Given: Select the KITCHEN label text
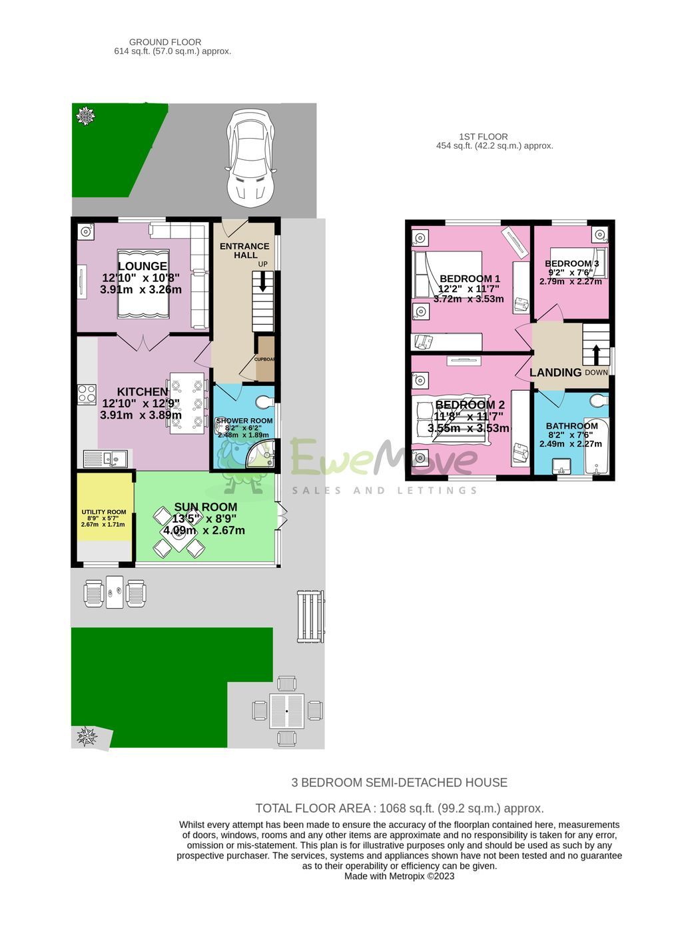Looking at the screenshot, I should click(x=143, y=392).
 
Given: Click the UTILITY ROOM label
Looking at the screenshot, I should click(x=103, y=512).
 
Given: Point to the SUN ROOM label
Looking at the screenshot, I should click(x=205, y=507).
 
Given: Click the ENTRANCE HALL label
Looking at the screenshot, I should click(x=244, y=251).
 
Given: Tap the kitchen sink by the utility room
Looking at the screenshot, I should click(x=105, y=459).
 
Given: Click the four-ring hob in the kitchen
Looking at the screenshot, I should click(x=87, y=394).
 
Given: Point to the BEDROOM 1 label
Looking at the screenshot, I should click(x=470, y=279).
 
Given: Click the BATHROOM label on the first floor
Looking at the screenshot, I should click(x=571, y=426).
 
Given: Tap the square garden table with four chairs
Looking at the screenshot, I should click(x=287, y=711).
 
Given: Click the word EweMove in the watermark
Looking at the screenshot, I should click(x=383, y=459).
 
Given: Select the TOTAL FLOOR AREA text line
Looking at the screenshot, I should click(x=400, y=808).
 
